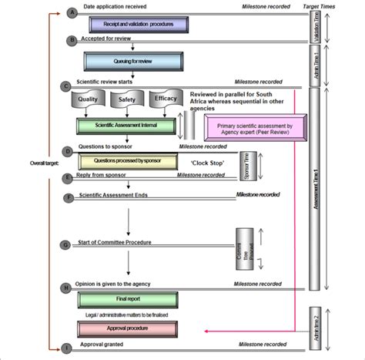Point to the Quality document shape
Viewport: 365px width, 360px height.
point(87,99)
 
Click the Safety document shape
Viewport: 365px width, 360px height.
point(127,99)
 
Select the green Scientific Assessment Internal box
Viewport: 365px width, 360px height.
point(126,126)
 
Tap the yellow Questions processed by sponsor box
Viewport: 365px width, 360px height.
point(128,162)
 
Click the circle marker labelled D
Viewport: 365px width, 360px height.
point(69,150)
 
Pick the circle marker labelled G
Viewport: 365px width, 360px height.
point(69,245)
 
